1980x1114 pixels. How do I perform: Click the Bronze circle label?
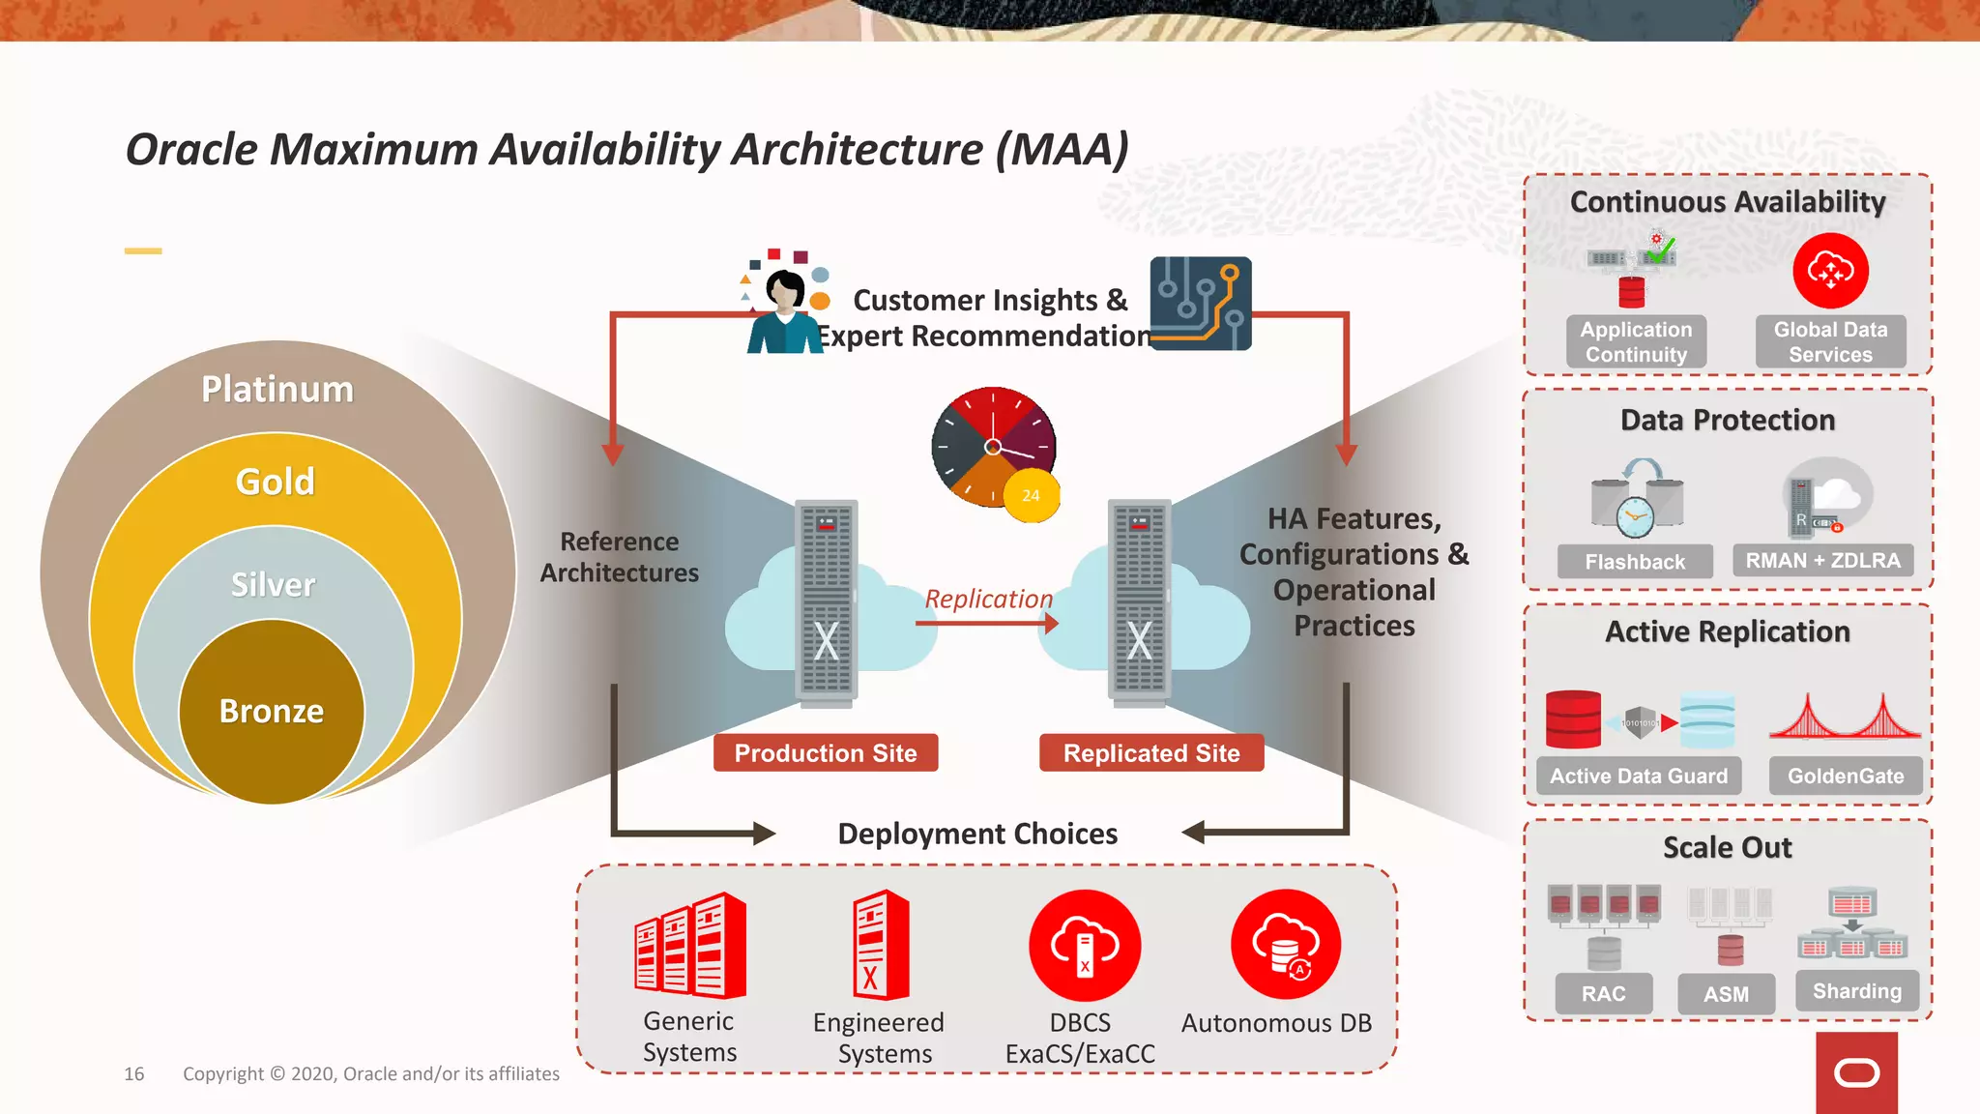click(x=272, y=711)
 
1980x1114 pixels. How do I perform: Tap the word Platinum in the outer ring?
click(x=277, y=389)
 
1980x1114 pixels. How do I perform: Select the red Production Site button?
click(x=826, y=753)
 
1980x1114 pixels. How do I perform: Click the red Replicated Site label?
click(x=1151, y=753)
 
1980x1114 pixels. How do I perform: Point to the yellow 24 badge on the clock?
click(x=1032, y=495)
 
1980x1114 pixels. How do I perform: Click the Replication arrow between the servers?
click(x=986, y=624)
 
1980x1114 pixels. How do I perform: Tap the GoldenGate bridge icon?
click(x=1845, y=718)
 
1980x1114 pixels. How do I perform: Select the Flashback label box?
click(x=1635, y=561)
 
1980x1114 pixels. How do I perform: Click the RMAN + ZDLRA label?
click(x=1822, y=560)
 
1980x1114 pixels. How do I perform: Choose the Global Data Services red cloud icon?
click(x=1830, y=271)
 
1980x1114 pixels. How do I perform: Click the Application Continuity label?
click(x=1636, y=341)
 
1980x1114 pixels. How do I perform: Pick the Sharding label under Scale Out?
click(x=1856, y=991)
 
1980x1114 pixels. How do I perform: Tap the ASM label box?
click(x=1726, y=993)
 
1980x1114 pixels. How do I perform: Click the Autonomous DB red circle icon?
click(x=1286, y=945)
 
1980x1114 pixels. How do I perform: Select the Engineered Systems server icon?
click(x=881, y=945)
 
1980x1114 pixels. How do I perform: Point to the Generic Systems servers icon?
click(x=690, y=946)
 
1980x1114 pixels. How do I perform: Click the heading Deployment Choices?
click(x=977, y=834)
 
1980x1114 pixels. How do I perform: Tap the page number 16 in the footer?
click(x=133, y=1073)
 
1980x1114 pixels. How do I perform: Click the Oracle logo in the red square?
click(x=1856, y=1072)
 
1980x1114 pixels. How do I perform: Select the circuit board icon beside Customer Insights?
click(x=1201, y=304)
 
